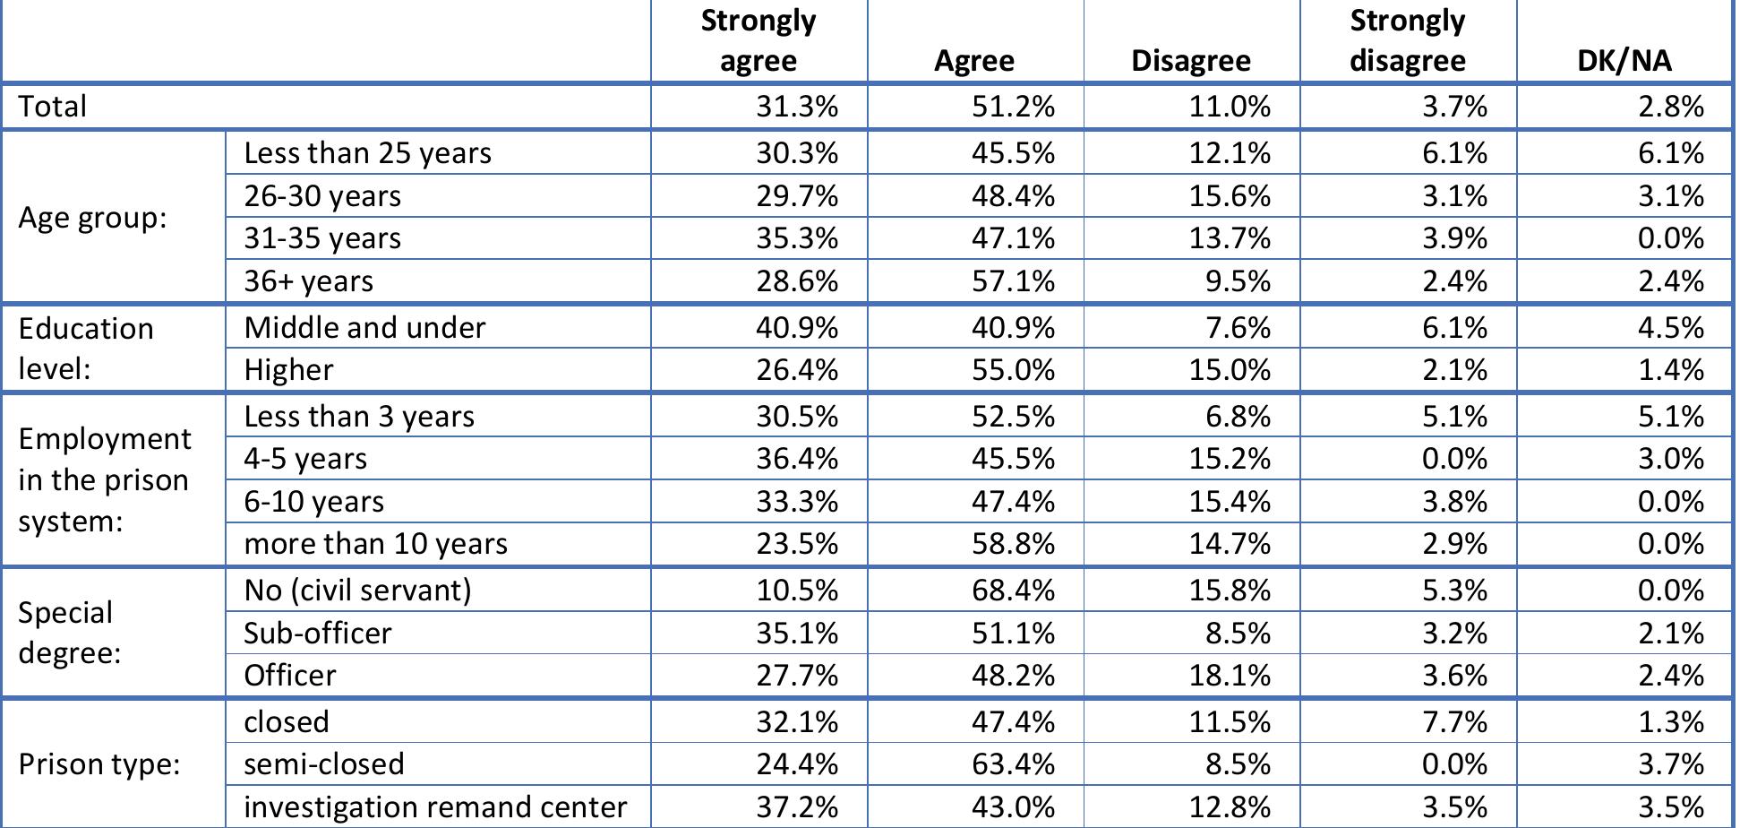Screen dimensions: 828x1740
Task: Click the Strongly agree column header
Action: point(758,40)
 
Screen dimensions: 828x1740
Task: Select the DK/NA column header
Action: point(1624,60)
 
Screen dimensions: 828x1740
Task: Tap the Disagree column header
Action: point(1190,60)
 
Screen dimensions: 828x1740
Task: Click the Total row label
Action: point(53,107)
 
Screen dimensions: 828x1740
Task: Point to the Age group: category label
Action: point(93,218)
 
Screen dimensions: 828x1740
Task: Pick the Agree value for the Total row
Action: point(1013,107)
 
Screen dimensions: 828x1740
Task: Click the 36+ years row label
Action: point(308,281)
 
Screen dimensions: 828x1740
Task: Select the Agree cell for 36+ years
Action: point(1013,281)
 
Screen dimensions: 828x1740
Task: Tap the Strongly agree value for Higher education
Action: point(796,370)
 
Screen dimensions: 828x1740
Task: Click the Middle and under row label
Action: point(364,328)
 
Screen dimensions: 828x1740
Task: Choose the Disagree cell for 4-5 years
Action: point(1229,459)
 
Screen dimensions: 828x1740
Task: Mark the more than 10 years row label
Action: point(375,544)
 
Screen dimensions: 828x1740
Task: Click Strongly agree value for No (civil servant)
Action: point(796,591)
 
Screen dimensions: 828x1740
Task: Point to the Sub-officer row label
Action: point(318,634)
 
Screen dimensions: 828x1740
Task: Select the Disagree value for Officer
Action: point(1229,676)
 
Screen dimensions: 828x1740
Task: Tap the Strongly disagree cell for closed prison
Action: point(1454,722)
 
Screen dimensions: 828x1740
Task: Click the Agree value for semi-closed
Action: point(1013,764)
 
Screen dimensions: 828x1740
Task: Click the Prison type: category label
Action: point(99,764)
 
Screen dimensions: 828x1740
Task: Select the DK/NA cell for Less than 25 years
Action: point(1670,153)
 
